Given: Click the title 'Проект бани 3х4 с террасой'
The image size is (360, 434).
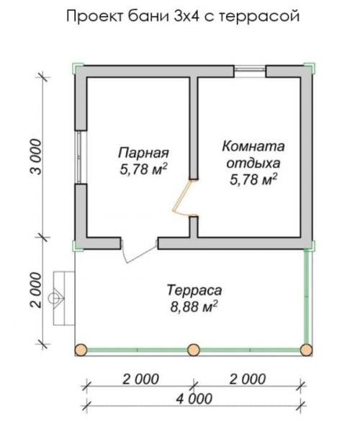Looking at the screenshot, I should [181, 15].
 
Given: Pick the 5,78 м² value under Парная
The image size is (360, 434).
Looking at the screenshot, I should [143, 169].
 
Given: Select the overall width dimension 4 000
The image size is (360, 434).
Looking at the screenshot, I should [194, 398].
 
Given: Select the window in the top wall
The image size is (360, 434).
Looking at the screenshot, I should [250, 71].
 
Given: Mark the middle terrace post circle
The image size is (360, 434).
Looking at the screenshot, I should [193, 350].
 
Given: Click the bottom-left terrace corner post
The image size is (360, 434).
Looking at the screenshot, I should [81, 350].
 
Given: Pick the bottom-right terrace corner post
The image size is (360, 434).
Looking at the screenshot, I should [306, 350].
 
